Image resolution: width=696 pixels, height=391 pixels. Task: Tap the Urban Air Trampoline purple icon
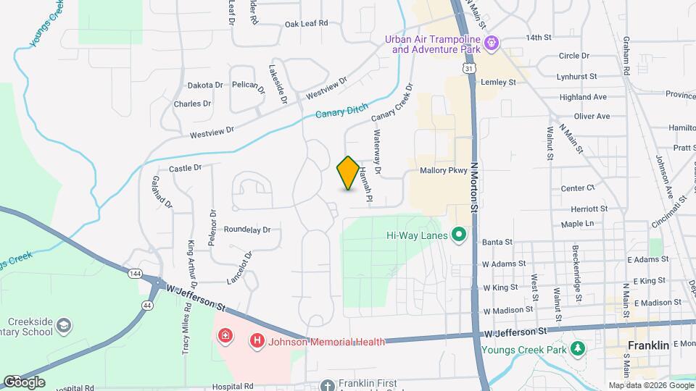(x=492, y=43)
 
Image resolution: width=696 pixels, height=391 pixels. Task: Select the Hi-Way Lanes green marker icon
(x=458, y=234)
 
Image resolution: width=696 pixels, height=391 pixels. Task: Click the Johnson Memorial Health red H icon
(x=255, y=340)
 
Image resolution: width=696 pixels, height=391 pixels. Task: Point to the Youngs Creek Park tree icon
(x=578, y=349)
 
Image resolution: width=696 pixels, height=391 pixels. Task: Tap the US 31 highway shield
(x=471, y=67)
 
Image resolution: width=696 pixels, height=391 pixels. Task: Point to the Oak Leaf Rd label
(x=306, y=23)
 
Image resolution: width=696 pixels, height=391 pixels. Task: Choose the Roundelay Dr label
(x=246, y=230)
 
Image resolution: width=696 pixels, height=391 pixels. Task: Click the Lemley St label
(x=497, y=83)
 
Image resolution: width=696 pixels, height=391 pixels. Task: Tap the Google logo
(x=23, y=382)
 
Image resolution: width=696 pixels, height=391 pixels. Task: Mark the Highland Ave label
(x=583, y=97)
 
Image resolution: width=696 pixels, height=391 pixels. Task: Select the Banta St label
(x=497, y=242)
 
